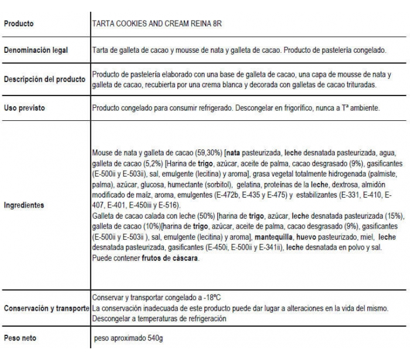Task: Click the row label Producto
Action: (19, 24)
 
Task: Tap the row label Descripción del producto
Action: (45, 80)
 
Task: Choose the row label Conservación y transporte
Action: (46, 308)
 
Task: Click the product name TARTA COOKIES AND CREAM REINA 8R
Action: (160, 24)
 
